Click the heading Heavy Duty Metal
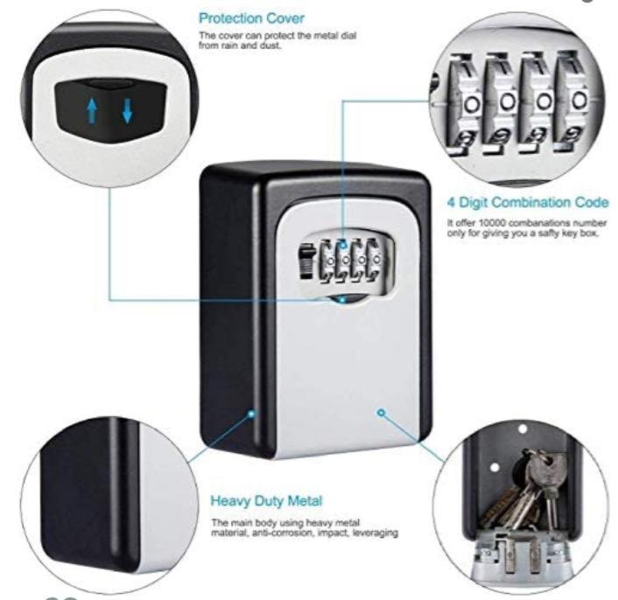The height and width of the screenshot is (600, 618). [x=266, y=501]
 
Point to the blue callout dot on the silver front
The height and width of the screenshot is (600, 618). [x=382, y=412]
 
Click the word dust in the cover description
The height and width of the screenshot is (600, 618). [x=263, y=45]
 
